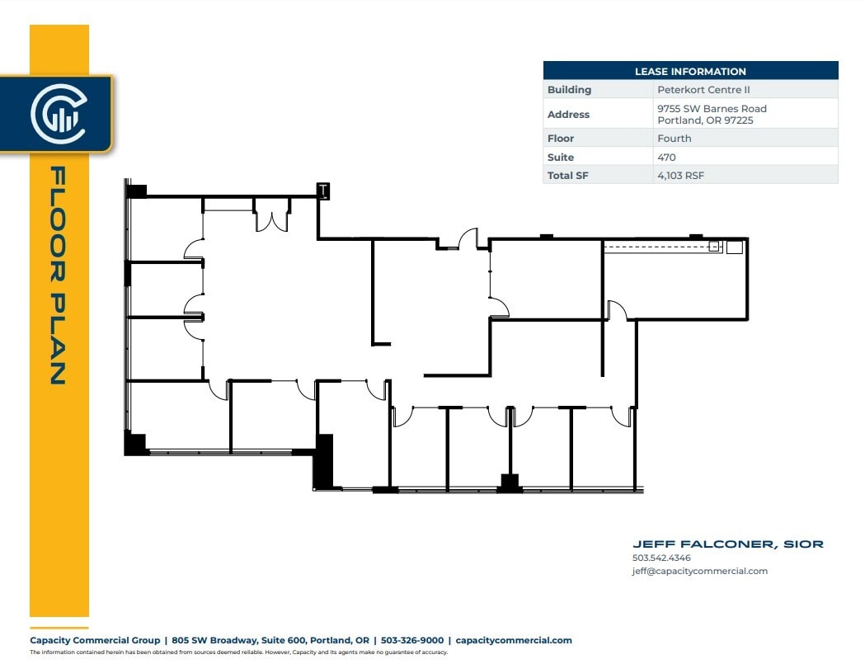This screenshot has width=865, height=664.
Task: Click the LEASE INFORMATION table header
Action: click(x=690, y=72)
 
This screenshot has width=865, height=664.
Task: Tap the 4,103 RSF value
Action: click(x=680, y=176)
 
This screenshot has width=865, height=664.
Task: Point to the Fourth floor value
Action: click(x=674, y=139)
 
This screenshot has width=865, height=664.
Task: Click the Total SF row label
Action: click(x=567, y=176)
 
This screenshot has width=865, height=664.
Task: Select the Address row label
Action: click(x=568, y=115)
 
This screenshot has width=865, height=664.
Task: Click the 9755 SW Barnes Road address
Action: click(x=712, y=109)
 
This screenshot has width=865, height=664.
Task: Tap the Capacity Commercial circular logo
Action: click(x=58, y=113)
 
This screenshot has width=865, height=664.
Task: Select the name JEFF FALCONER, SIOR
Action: click(x=727, y=544)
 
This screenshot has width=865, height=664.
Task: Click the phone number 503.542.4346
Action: click(x=661, y=558)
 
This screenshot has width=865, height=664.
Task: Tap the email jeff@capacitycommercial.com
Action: click(x=699, y=571)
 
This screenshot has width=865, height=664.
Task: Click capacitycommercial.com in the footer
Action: click(x=513, y=640)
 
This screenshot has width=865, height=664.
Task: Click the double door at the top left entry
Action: click(x=270, y=219)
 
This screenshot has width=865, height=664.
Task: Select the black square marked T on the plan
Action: click(x=324, y=191)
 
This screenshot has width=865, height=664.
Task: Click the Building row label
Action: click(x=569, y=90)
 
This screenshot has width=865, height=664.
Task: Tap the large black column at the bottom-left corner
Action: click(x=134, y=443)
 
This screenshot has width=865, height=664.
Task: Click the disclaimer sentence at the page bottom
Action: click(x=238, y=652)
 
